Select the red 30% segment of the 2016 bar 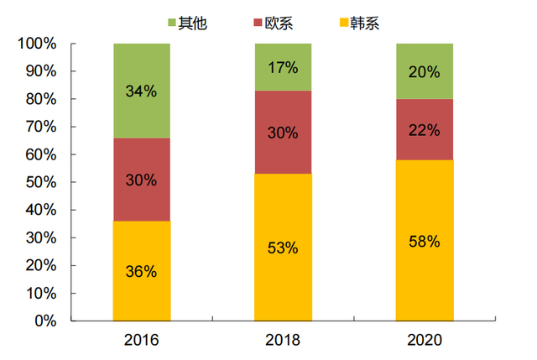(141, 180)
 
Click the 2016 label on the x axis (141, 340)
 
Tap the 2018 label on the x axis (283, 340)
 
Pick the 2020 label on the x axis (424, 340)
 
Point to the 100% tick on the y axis (36, 44)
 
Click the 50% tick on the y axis (39, 182)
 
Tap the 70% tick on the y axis (39, 127)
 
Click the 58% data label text (424, 242)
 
